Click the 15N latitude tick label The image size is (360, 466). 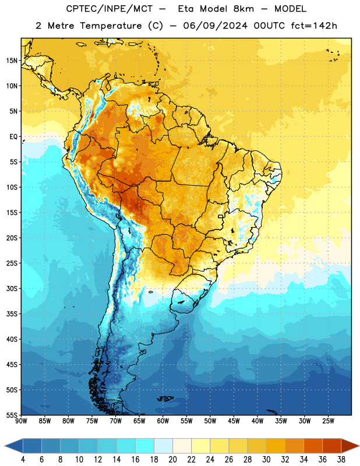[x=12, y=61]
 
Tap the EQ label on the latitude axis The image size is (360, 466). [x=13, y=137]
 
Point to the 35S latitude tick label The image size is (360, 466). [x=12, y=314]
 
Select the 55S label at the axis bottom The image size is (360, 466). [x=12, y=415]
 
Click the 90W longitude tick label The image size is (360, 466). [x=21, y=421]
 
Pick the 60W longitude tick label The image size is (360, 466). [x=163, y=421]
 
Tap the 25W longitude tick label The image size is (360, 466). [x=328, y=421]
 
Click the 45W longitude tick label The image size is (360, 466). [x=234, y=421]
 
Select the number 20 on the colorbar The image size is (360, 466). [x=172, y=460]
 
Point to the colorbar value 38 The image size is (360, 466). [x=341, y=460]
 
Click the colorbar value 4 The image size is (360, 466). [x=23, y=460]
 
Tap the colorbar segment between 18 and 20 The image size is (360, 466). [x=163, y=446]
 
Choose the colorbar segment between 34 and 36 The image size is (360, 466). [x=313, y=446]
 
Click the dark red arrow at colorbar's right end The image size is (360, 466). [x=350, y=446]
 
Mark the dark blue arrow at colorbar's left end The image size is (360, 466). [x=14, y=446]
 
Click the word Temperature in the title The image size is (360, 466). [x=111, y=26]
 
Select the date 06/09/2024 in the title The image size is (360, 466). [x=215, y=26]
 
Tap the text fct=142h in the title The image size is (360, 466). [x=314, y=26]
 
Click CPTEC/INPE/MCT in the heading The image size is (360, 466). [x=110, y=9]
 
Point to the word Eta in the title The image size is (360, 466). [x=186, y=9]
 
